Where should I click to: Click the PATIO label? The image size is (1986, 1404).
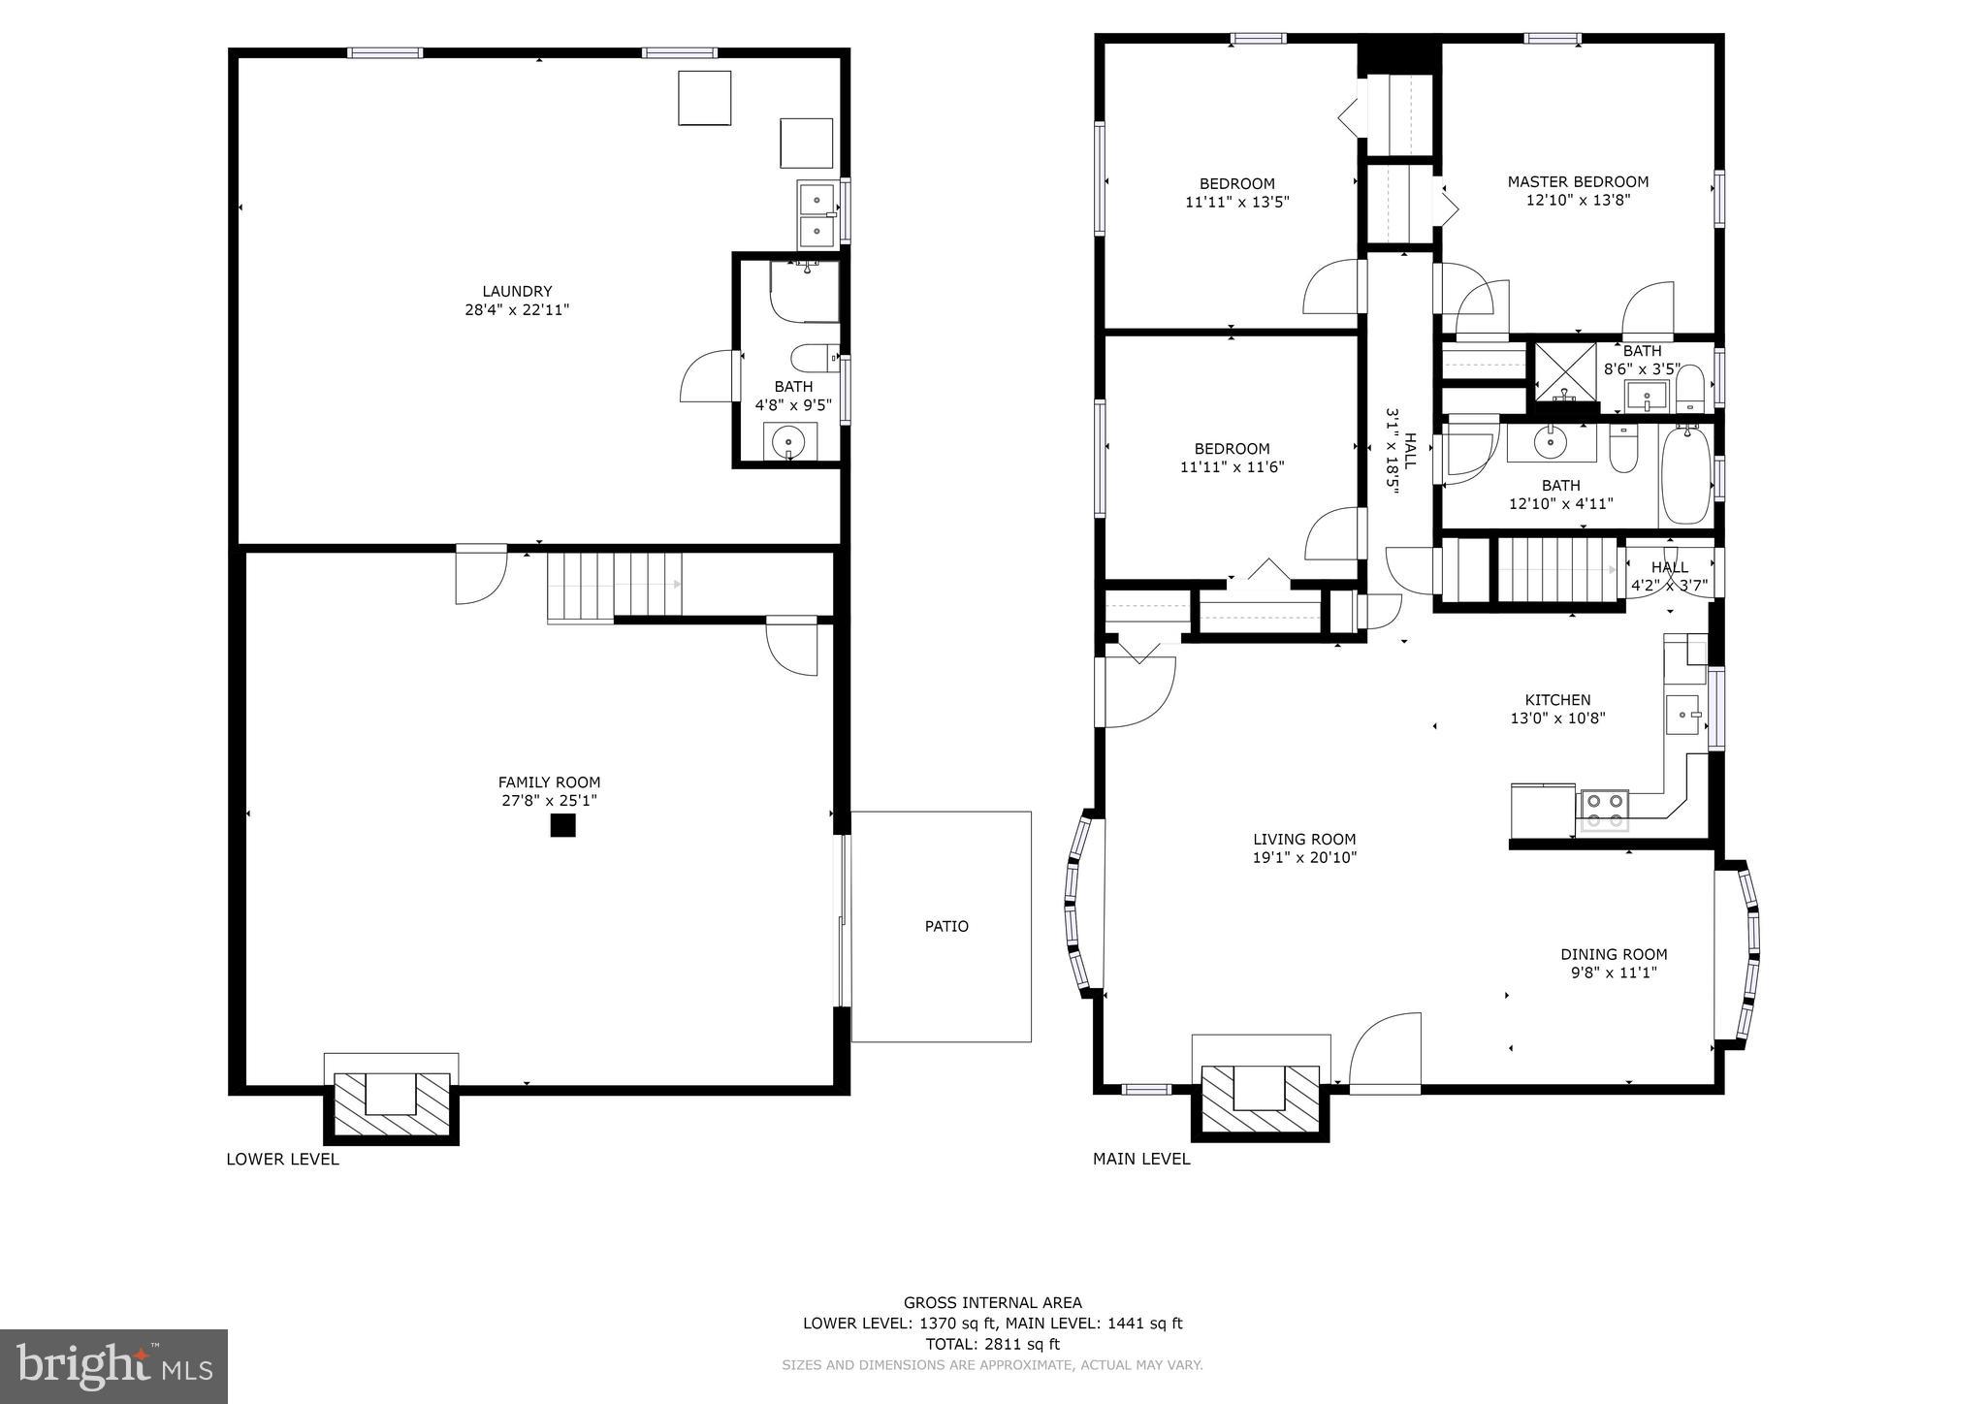click(945, 926)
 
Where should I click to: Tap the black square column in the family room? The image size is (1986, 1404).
click(562, 825)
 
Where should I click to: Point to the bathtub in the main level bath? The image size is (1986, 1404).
click(1686, 477)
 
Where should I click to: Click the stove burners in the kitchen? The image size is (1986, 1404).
click(1604, 811)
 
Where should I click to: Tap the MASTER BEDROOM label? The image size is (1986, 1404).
click(1578, 181)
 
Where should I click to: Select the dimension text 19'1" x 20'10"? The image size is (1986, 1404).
click(1304, 857)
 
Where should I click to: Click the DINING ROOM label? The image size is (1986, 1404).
click(1614, 954)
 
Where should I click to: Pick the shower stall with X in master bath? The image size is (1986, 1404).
click(1565, 371)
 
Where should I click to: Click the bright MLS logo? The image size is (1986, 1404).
click(113, 1366)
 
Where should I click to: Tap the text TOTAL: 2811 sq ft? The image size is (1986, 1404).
click(992, 1344)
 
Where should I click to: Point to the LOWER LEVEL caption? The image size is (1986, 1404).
click(282, 1159)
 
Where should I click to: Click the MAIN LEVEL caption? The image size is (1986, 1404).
click(1141, 1159)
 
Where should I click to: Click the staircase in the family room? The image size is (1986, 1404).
click(613, 586)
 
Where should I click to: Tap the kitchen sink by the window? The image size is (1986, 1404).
click(1684, 715)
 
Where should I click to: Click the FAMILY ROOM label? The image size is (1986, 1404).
click(549, 782)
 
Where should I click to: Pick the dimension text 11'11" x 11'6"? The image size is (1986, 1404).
click(1232, 466)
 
